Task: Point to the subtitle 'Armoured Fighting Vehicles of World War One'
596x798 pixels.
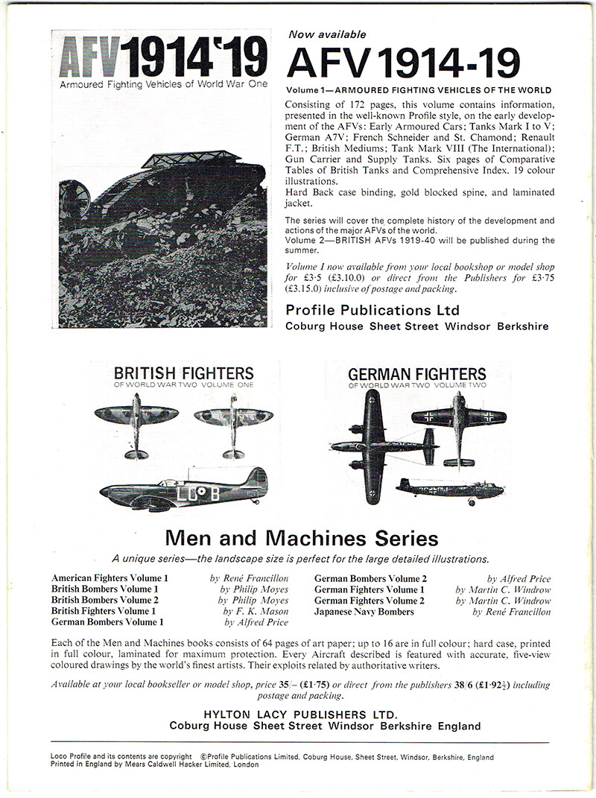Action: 163,84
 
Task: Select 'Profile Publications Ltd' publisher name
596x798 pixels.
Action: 372,310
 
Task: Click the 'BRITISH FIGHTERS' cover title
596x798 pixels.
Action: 183,373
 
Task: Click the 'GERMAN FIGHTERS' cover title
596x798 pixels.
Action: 417,373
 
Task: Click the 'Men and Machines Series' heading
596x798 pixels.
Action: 301,538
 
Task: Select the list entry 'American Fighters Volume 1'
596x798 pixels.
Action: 110,578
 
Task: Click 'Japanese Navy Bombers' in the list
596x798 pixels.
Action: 364,612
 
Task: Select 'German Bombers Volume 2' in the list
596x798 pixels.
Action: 370,578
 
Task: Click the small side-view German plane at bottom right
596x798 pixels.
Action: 450,491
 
